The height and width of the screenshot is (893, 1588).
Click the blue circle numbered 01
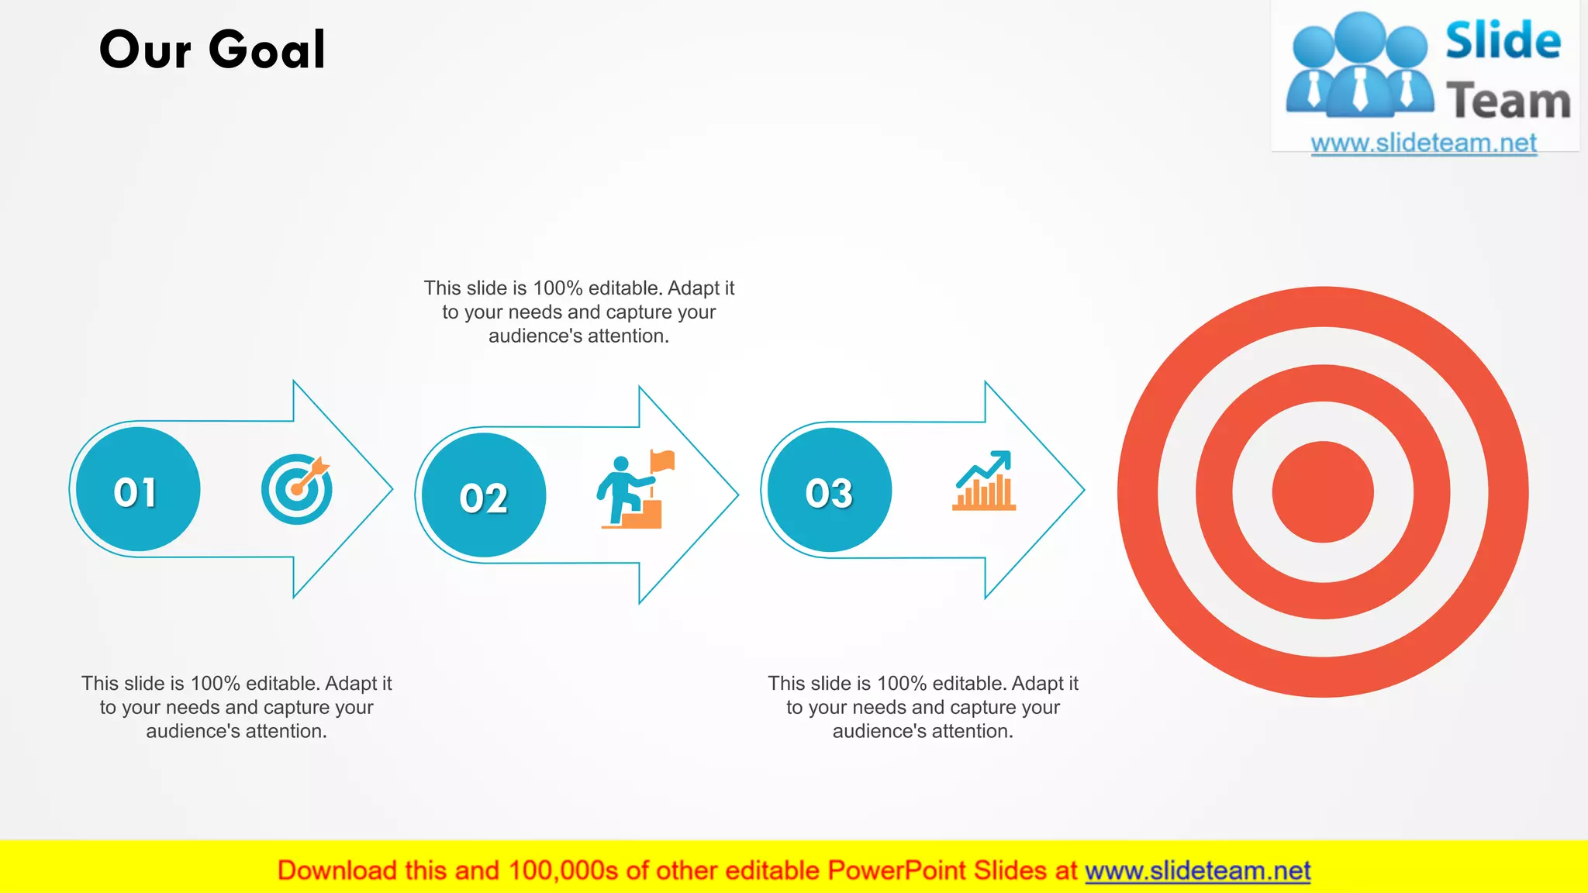coord(137,490)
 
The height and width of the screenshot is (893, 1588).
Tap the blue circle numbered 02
coord(483,495)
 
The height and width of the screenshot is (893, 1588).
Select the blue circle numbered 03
coord(829,491)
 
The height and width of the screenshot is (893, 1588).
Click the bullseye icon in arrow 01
coord(296,489)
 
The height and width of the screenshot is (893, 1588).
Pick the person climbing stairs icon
coord(620,491)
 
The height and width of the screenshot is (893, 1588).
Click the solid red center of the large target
coord(1323,492)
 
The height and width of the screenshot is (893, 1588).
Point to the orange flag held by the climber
coord(663,461)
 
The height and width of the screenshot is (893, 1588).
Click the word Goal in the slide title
coord(268,50)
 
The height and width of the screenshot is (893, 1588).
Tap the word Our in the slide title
coord(145,51)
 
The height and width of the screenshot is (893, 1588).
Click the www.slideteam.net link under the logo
coord(1424,143)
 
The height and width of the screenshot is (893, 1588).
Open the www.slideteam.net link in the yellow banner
coord(1197,871)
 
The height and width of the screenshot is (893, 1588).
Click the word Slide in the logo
coord(1503,42)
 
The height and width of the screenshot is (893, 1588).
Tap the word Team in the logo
coord(1508,102)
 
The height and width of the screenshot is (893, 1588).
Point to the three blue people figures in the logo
coord(1359,67)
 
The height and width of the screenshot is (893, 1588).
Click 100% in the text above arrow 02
coord(558,288)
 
